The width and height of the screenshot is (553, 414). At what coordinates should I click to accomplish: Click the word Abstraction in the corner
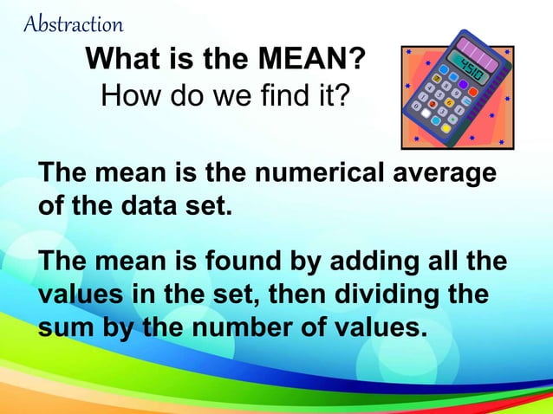point(74,23)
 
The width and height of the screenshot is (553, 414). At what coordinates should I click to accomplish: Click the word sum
point(63,329)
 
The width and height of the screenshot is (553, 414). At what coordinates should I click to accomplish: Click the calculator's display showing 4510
point(472,63)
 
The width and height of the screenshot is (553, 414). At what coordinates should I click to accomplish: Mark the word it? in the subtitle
point(327,93)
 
